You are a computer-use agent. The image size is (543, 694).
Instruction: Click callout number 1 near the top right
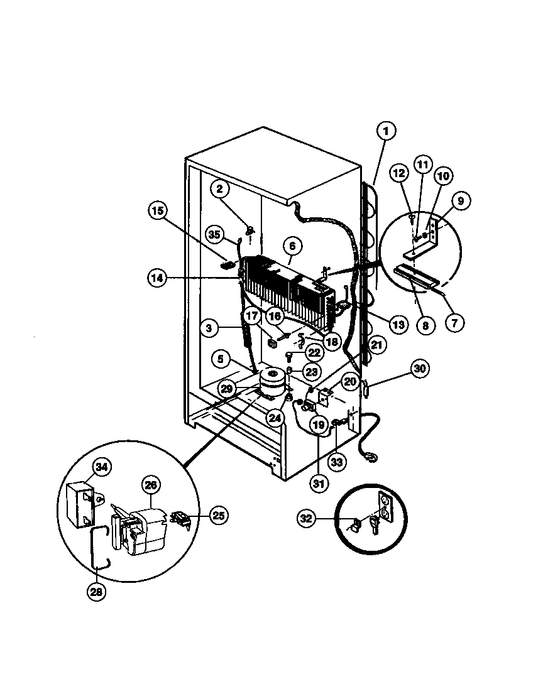387,131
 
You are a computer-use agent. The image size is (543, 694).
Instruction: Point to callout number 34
102,467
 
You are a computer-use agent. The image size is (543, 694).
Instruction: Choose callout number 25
218,516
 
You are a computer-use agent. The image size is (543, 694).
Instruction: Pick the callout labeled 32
306,518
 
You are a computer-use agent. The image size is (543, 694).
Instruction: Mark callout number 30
420,369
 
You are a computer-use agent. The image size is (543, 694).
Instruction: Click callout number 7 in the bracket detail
454,322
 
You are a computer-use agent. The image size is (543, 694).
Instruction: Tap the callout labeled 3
211,327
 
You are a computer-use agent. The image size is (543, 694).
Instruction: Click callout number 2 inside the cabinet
220,187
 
